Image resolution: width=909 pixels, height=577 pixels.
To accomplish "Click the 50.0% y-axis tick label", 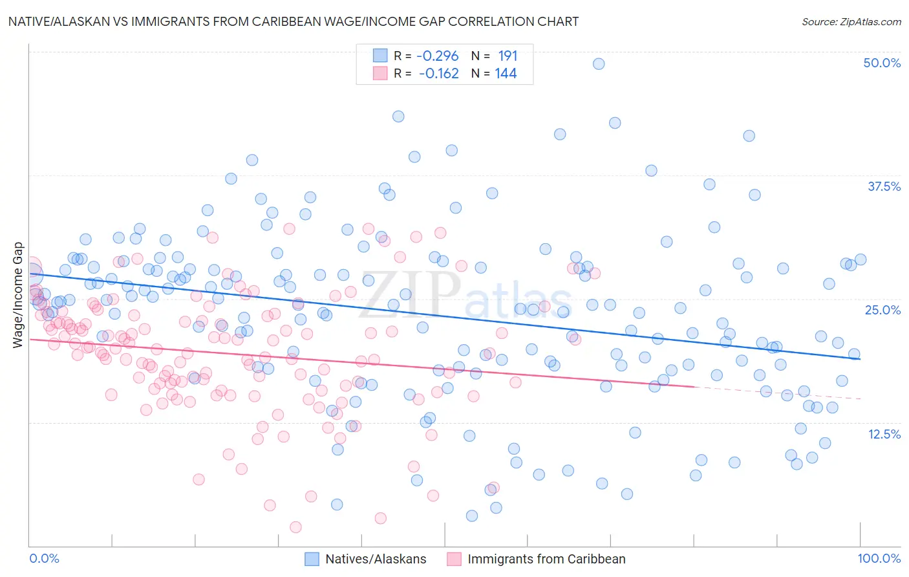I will coord(882,63).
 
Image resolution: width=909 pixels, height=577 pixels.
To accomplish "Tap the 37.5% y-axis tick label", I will coord(884,186).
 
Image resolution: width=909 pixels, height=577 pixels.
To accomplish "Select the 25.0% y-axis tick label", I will coord(882,310).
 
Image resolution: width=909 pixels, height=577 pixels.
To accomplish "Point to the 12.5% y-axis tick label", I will coord(884,434).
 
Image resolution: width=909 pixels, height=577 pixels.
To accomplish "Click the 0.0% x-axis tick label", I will coord(44,559).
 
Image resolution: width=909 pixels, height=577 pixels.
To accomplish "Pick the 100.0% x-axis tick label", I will coord(879,559).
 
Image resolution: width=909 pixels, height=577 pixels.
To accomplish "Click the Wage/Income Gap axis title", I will coord(18,295).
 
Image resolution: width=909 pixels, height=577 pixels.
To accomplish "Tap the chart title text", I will coord(293,21).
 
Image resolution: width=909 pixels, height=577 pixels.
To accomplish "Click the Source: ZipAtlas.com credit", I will coord(851,21).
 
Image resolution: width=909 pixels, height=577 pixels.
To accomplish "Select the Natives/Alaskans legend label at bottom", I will coord(376,560).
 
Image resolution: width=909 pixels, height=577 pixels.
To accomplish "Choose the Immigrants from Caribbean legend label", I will coord(546,560).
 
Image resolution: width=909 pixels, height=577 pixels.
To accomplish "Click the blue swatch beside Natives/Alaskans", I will coord(312,560).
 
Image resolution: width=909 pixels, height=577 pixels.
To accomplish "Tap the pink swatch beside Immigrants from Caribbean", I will coord(454,560).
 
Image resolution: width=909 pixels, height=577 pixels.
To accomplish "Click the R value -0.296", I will coord(438,56).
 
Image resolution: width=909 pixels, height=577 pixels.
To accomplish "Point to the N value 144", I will coord(506,74).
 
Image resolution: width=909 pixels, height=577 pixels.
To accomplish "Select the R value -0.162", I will coord(438,74).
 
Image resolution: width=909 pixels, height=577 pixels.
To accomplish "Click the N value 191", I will coord(508,56).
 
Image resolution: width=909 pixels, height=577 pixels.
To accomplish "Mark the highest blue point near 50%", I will coord(599,63).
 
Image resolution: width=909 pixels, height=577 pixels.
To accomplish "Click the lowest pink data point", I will coord(295,527).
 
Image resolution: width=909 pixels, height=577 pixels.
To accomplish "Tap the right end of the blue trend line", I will coord(860,359).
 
